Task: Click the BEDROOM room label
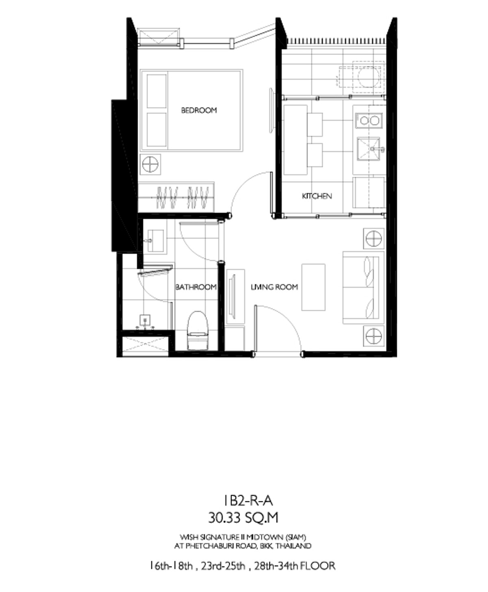coord(198,110)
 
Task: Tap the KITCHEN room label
coord(317,196)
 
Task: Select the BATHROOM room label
coord(196,287)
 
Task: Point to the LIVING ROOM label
coord(274,287)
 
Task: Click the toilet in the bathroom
coord(198,330)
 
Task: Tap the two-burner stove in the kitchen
coord(369,121)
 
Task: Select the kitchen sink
coord(368,149)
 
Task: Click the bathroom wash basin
coord(155,241)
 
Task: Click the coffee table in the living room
coord(313,287)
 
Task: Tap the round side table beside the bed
coord(150,165)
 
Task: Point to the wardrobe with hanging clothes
coord(176,197)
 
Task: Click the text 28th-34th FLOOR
coord(295,566)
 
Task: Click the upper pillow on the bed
coord(157,91)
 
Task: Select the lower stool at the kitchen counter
coord(315,155)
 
